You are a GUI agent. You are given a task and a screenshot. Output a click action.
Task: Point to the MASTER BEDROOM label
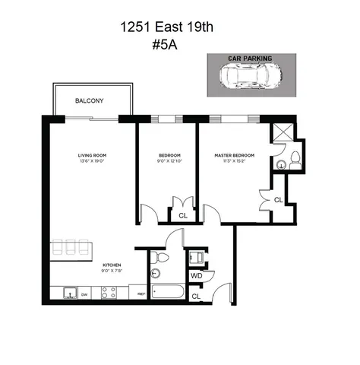pos(235,155)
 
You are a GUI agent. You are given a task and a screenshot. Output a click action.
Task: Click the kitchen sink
pos(69,293)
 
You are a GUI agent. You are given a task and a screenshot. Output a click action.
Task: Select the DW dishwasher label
pos(85,293)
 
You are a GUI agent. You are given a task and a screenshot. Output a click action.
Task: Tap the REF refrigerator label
pos(141,293)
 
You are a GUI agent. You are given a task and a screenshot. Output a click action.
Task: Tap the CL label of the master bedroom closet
pos(278,200)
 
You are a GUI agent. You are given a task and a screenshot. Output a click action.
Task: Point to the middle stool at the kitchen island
pos(71,248)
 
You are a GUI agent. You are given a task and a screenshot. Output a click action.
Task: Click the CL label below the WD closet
pos(196,296)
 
